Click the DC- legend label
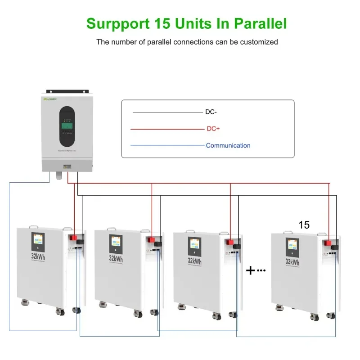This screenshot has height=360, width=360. (x=211, y=112)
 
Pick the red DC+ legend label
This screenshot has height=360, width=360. (x=213, y=129)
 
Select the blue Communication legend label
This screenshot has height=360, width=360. (x=228, y=145)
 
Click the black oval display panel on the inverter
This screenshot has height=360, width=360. (x=67, y=126)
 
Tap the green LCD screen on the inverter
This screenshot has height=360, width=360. (x=67, y=127)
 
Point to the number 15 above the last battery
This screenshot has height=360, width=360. (x=304, y=225)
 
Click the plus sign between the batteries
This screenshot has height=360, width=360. (x=251, y=270)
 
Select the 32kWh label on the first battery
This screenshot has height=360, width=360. (x=38, y=258)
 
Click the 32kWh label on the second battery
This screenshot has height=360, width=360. (x=116, y=259)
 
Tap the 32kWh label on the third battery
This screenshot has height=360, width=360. (x=194, y=261)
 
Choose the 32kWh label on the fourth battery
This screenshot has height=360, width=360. (x=292, y=261)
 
